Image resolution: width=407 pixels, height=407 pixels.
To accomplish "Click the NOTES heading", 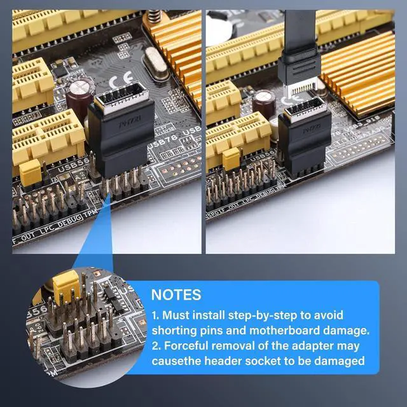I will (176, 295).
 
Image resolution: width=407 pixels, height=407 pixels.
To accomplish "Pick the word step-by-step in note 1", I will (272, 315).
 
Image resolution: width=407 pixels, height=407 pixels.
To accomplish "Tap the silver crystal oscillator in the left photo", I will (155, 63).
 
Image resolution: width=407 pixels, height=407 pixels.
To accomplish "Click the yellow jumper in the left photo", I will (30, 172).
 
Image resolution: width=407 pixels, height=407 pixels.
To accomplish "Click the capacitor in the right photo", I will (265, 101).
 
